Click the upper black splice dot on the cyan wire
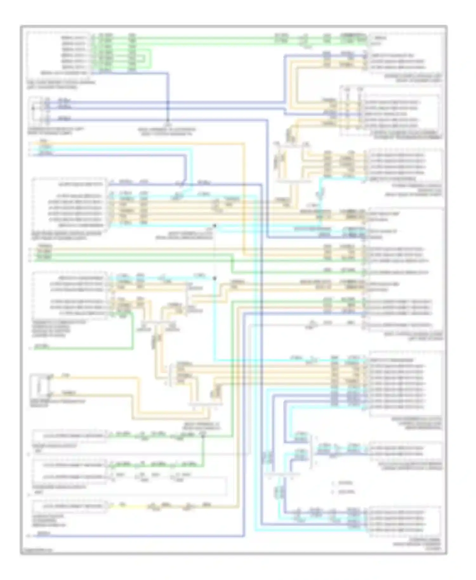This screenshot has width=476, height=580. point(215,226)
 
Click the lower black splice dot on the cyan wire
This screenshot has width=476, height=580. point(215,278)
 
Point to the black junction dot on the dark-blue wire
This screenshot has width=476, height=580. point(168,102)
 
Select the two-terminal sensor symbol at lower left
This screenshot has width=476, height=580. point(40,386)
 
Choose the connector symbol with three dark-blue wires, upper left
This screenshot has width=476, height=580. point(41,110)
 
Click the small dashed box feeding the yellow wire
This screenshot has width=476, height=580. point(70,506)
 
